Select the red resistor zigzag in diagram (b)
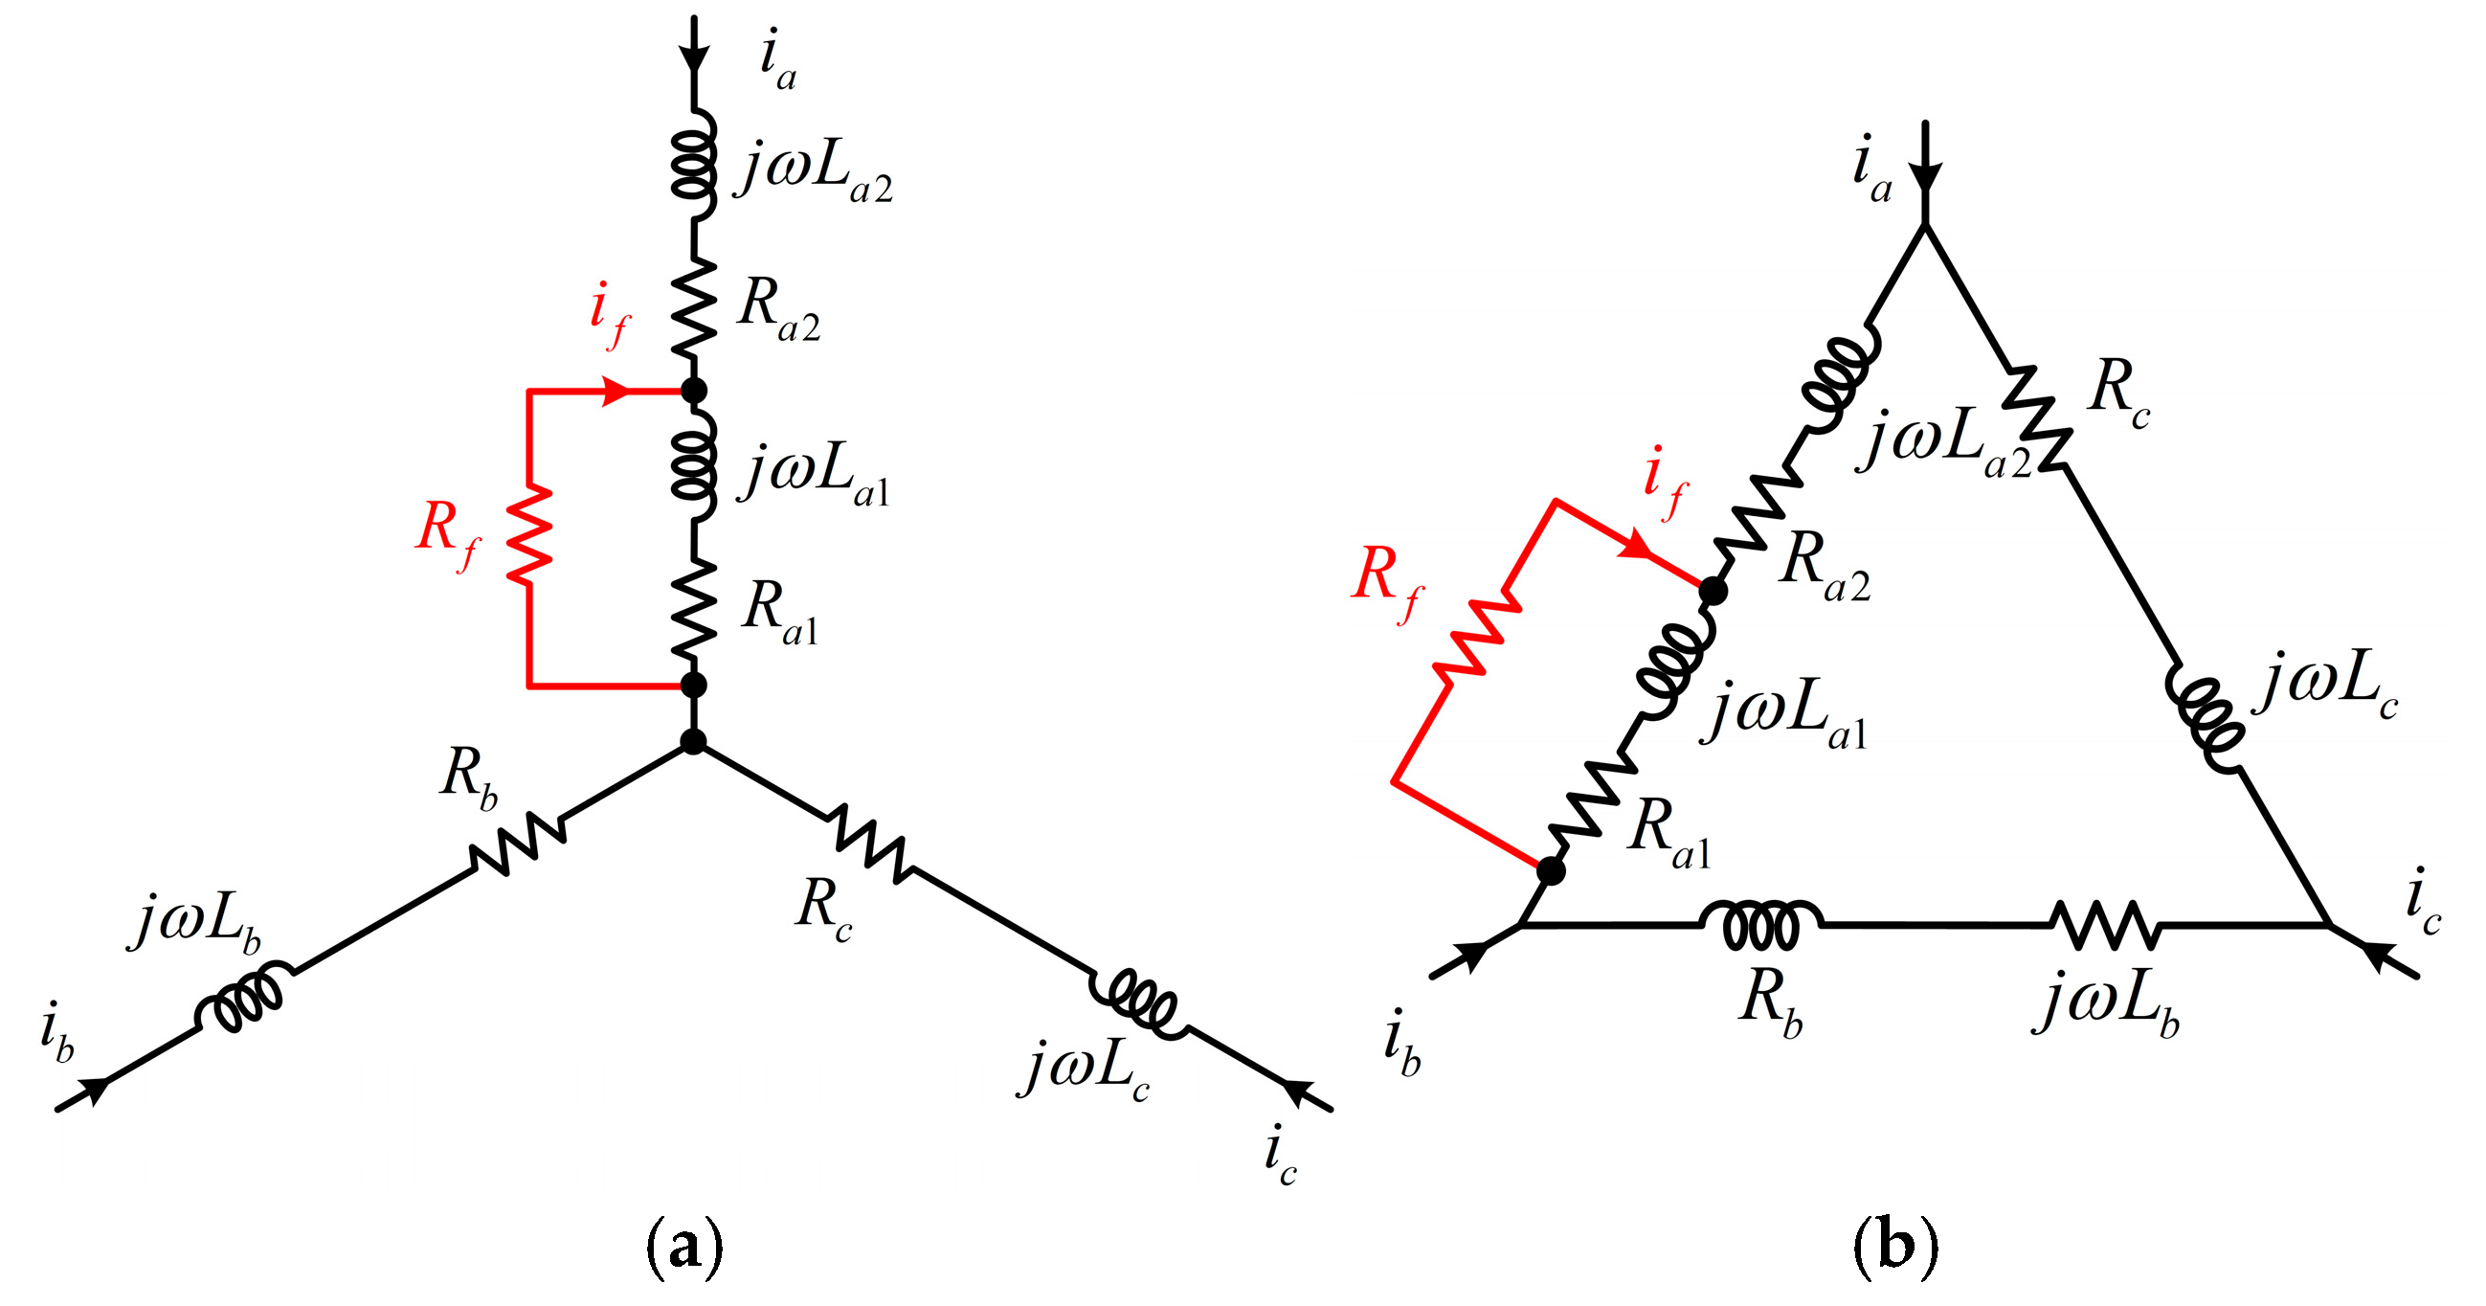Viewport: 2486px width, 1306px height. click(x=1475, y=636)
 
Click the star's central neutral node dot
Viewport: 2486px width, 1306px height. click(x=693, y=741)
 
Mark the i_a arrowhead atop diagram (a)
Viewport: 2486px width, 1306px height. click(x=693, y=53)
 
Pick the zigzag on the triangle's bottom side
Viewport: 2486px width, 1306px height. click(x=2104, y=925)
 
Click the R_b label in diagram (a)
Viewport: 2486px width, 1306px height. click(x=469, y=777)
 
